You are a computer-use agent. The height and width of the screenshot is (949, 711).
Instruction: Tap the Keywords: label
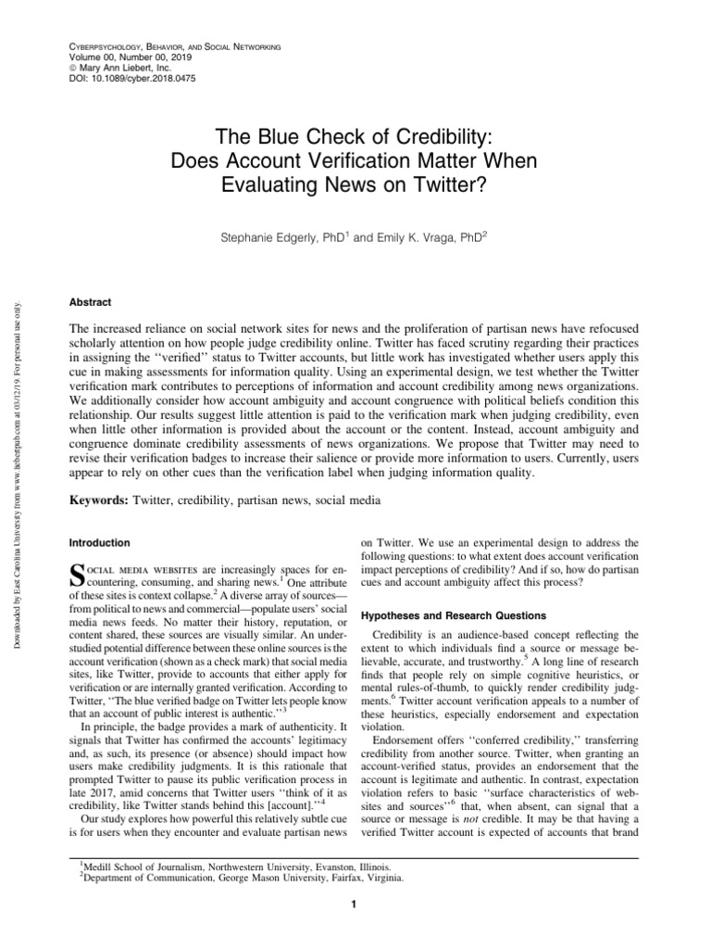click(100, 500)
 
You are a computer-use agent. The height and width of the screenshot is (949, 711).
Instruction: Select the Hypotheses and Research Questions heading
click(454, 615)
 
